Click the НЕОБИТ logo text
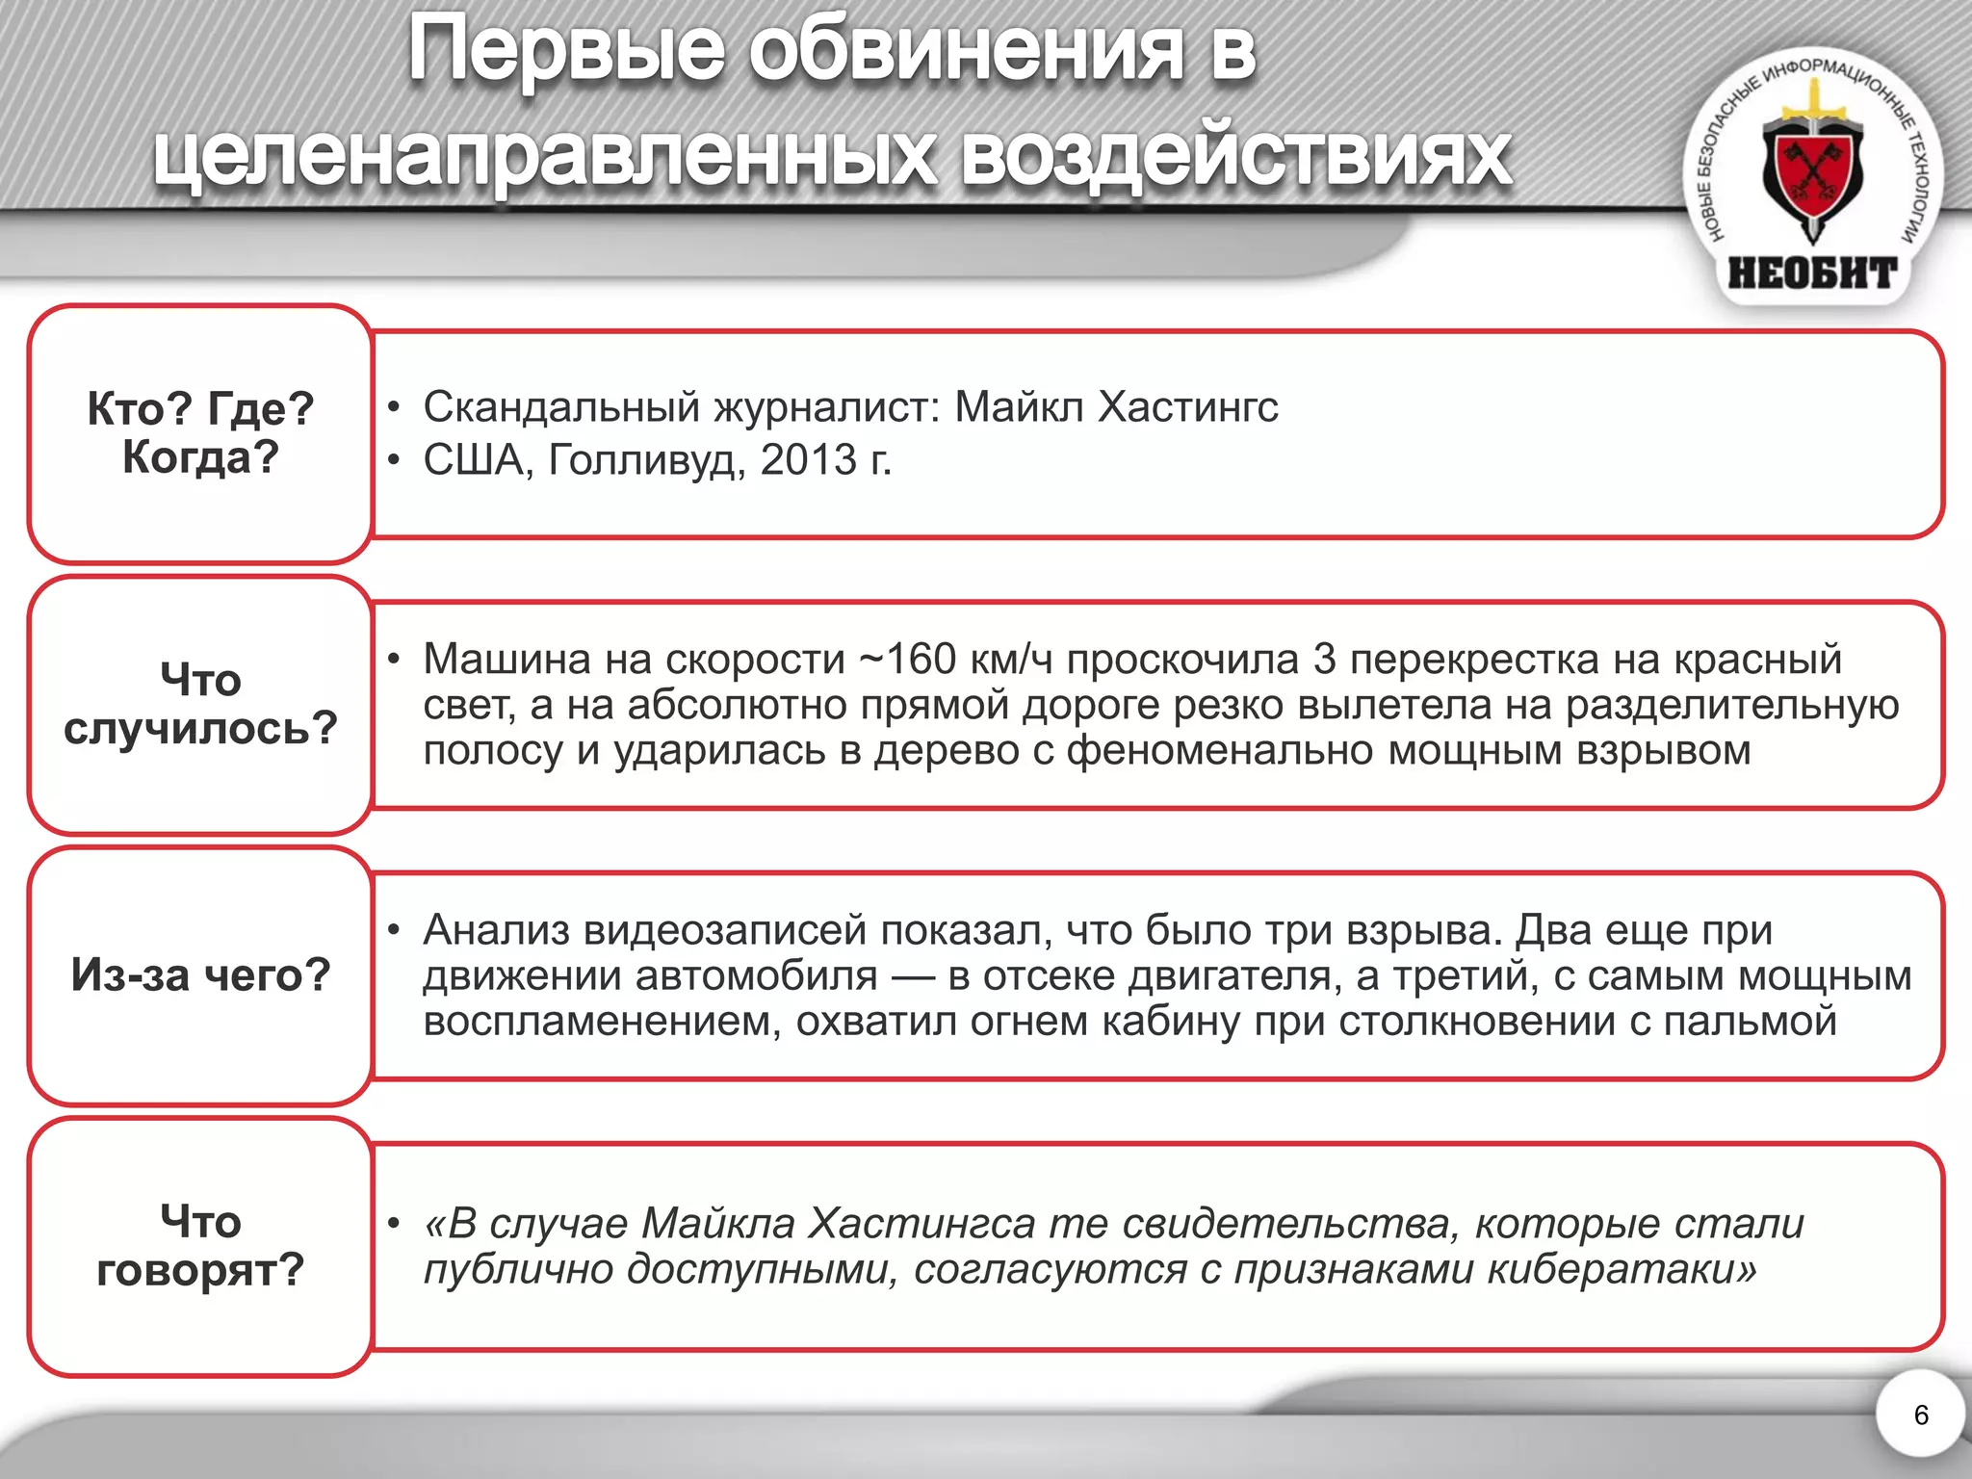1812,273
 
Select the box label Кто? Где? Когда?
200,432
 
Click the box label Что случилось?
200,704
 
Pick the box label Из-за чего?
200,974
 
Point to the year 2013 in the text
808,460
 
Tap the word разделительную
1732,706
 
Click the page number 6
1921,1414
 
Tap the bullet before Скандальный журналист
393,407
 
